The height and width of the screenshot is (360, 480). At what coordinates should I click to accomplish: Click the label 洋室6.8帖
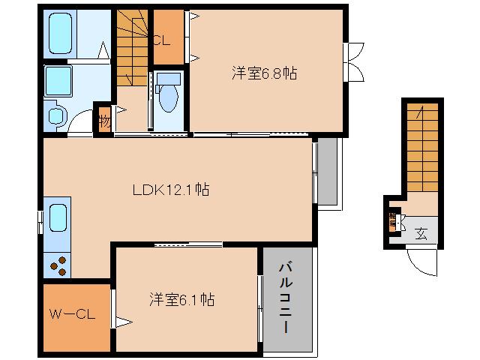[263, 73]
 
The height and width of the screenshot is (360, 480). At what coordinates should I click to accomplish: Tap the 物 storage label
[103, 120]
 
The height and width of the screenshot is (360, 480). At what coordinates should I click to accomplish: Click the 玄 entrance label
[423, 230]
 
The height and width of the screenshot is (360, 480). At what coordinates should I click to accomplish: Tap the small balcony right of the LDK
[328, 172]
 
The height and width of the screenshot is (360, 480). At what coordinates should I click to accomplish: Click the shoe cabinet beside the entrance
[393, 222]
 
